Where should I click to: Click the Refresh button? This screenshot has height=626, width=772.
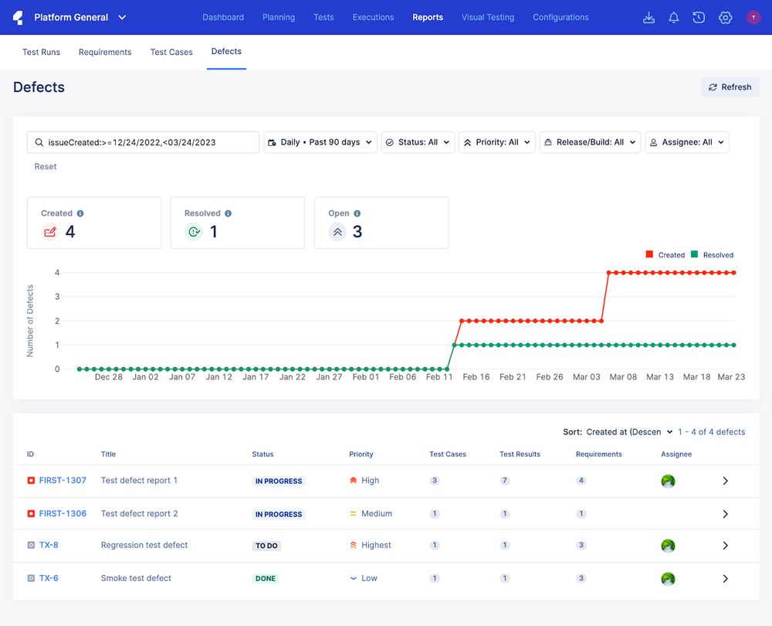(x=730, y=87)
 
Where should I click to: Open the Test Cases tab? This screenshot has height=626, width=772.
(x=171, y=53)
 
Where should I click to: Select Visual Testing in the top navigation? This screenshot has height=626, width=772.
(x=488, y=17)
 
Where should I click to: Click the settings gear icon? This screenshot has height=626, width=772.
(x=725, y=18)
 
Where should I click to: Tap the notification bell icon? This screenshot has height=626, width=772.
(x=674, y=18)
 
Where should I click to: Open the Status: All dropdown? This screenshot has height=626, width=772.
(x=418, y=142)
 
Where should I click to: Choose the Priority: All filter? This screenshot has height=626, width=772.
(x=496, y=142)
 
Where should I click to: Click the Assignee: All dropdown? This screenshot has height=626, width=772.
(x=686, y=142)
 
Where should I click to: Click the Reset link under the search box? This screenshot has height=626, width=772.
(x=46, y=167)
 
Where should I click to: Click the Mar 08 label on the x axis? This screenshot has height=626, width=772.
(x=623, y=377)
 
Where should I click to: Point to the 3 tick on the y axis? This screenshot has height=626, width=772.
(x=57, y=297)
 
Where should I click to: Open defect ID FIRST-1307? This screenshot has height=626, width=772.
(x=63, y=481)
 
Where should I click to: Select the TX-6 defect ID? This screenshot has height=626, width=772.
(x=49, y=578)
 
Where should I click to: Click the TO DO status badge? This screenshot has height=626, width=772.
(x=266, y=546)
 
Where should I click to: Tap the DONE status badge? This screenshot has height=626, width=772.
(x=265, y=579)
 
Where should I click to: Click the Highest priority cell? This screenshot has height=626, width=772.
(x=375, y=546)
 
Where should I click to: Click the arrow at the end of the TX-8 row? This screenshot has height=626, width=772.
(x=725, y=546)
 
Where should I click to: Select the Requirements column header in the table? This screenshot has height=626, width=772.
(x=598, y=454)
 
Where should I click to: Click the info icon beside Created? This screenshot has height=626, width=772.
(x=80, y=213)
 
